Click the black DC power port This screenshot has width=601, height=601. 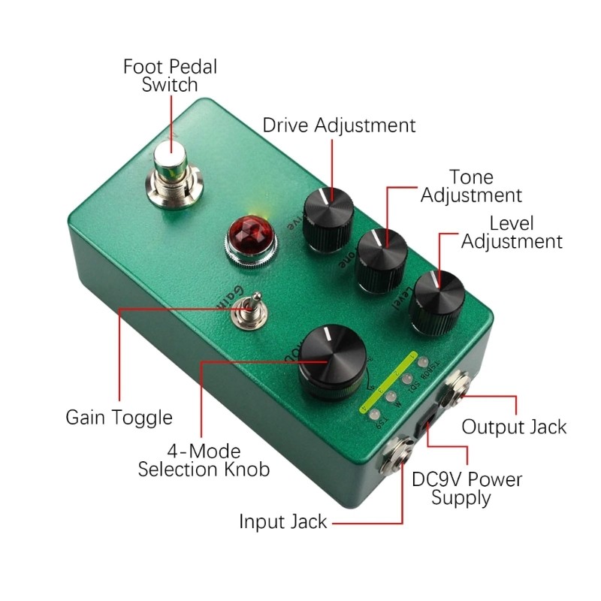pos(427,425)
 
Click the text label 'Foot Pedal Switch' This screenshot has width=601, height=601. pos(170,75)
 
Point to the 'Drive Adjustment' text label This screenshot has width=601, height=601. pos(339,125)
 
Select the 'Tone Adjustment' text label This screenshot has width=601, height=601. pos(471,186)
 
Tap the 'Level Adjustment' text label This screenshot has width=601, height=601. pos(512,232)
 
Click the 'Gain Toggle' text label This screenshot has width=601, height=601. pos(119,418)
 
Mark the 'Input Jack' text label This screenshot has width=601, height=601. pos(283,521)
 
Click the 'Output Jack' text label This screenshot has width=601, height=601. pos(514,427)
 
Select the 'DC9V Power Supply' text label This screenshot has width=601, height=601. pos(468,488)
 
